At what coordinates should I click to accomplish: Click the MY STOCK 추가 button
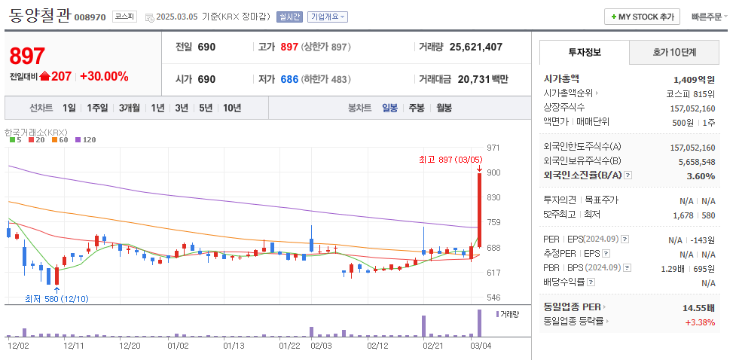pos(642,17)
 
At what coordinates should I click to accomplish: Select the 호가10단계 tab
pos(673,52)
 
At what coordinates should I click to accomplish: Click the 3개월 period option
pos(130,108)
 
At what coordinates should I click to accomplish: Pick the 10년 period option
pos(232,108)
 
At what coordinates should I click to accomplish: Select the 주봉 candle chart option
pos(417,108)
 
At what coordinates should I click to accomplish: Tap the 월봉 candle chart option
pos(444,108)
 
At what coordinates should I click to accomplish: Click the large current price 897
pos(28,56)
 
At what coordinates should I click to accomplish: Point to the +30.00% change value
pos(104,76)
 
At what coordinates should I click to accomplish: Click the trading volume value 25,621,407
pos(475,47)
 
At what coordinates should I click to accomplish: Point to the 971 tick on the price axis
pos(494,148)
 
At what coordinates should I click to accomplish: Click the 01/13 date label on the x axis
pos(234,346)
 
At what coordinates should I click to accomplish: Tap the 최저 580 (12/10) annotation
pos(56,299)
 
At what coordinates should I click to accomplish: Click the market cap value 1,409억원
pos(694,79)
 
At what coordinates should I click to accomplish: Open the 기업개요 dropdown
pos(328,17)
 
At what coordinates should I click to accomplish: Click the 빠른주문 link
pos(706,17)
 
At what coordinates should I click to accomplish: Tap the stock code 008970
pos(90,17)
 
